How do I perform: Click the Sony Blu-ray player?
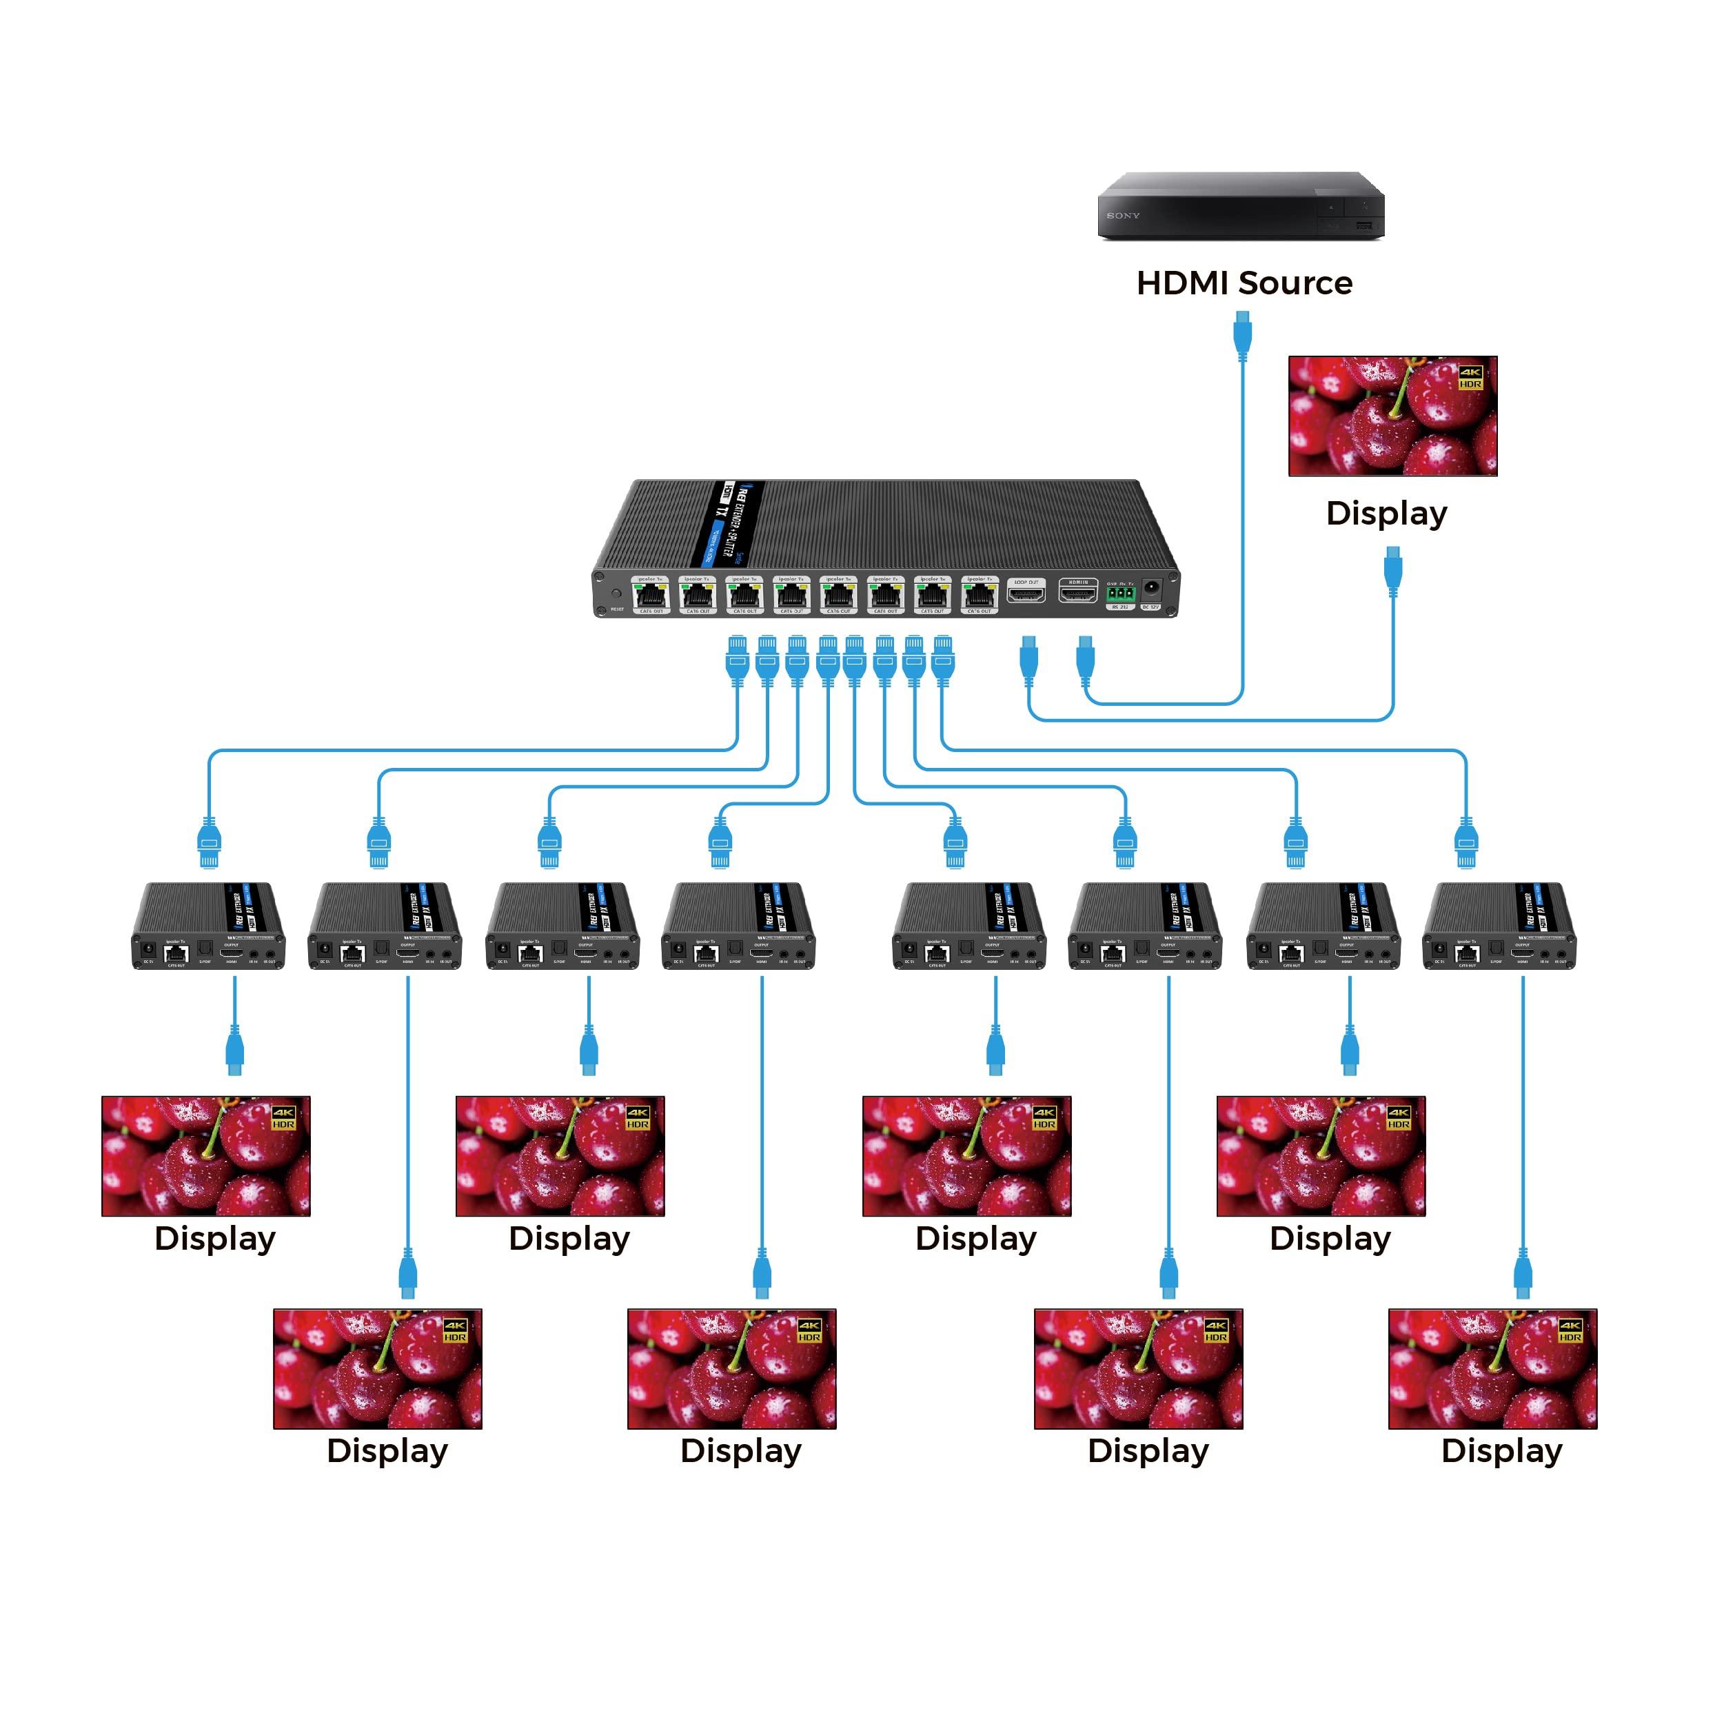pyautogui.click(x=1239, y=206)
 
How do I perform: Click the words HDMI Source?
pyautogui.click(x=1244, y=283)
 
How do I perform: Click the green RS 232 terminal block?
pyautogui.click(x=1121, y=594)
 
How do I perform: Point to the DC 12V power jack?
pyautogui.click(x=1151, y=589)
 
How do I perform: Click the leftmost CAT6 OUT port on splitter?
pyautogui.click(x=651, y=595)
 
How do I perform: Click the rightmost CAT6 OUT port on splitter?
pyautogui.click(x=979, y=595)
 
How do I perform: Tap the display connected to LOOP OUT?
pyautogui.click(x=1392, y=416)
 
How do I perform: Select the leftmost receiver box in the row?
pyautogui.click(x=208, y=926)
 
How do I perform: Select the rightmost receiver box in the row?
pyautogui.click(x=1499, y=926)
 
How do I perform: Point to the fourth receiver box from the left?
pyautogui.click(x=738, y=926)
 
